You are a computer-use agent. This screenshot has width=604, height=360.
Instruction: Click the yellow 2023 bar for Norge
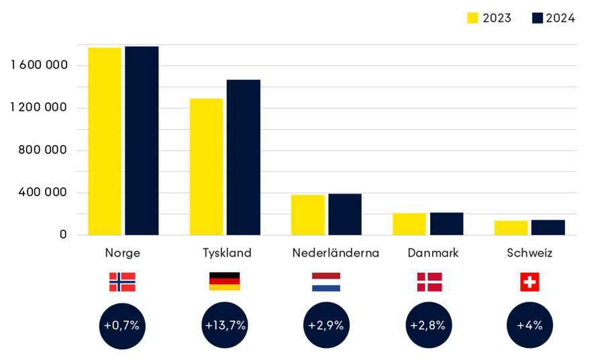(105, 140)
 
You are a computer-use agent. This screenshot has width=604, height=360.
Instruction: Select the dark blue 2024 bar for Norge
(141, 140)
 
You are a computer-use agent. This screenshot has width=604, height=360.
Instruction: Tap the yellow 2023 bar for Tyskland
(206, 166)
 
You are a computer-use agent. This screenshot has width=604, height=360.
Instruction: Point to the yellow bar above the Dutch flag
(308, 214)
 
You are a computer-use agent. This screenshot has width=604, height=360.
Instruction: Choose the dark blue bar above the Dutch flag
(344, 214)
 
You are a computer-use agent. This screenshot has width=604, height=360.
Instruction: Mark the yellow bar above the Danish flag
(409, 223)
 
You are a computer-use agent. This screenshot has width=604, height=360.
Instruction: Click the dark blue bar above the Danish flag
(446, 223)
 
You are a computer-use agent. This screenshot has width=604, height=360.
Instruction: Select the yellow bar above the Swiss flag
(511, 227)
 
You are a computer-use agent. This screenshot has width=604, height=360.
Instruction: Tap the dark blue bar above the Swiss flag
(548, 227)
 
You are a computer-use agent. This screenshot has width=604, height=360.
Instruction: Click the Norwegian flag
(122, 282)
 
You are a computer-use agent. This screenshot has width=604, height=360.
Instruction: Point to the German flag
(224, 284)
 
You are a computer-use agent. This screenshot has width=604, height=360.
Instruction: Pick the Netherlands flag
(326, 282)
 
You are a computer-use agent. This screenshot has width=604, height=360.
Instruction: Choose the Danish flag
(430, 282)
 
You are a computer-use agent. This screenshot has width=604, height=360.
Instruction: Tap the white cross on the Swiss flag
(530, 282)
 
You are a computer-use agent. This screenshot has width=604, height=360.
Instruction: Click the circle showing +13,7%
(225, 325)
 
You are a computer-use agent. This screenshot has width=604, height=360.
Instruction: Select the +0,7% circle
(122, 325)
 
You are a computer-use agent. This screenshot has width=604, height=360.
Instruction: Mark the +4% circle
(530, 325)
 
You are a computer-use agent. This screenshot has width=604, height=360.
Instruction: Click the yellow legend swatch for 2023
(472, 18)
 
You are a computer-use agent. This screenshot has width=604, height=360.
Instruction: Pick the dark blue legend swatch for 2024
(537, 18)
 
